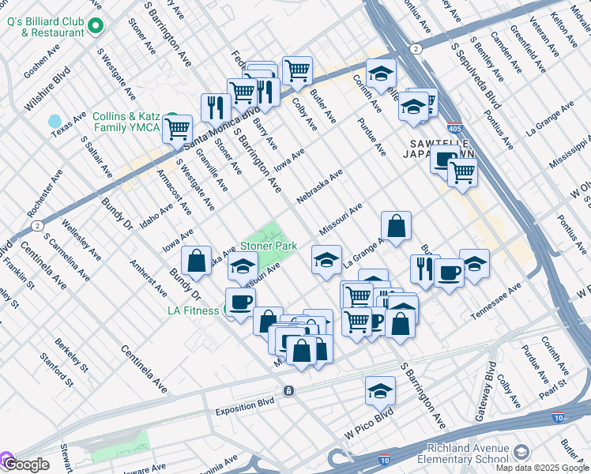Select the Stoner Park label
click(x=269, y=246)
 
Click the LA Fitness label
click(x=193, y=310)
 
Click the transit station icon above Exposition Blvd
click(x=289, y=391)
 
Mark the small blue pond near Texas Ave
click(x=55, y=122)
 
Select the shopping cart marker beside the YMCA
click(x=178, y=127)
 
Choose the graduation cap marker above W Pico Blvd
click(x=380, y=390)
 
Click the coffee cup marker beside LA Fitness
click(x=240, y=301)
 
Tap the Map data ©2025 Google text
click(x=543, y=468)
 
